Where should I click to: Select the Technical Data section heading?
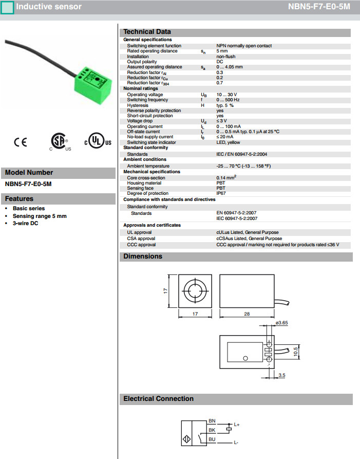pos(147,32)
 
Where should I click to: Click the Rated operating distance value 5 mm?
pos(222,51)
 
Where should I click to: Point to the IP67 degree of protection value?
pos(221,194)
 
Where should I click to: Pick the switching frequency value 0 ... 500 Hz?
pos(229,100)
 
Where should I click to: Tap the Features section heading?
pos(20,199)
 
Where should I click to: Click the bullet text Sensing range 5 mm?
pos(40,216)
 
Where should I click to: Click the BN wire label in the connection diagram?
pos(212,421)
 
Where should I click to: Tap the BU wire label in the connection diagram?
pos(212,439)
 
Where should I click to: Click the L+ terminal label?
pos(237,425)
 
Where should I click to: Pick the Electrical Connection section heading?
pos(158,399)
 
